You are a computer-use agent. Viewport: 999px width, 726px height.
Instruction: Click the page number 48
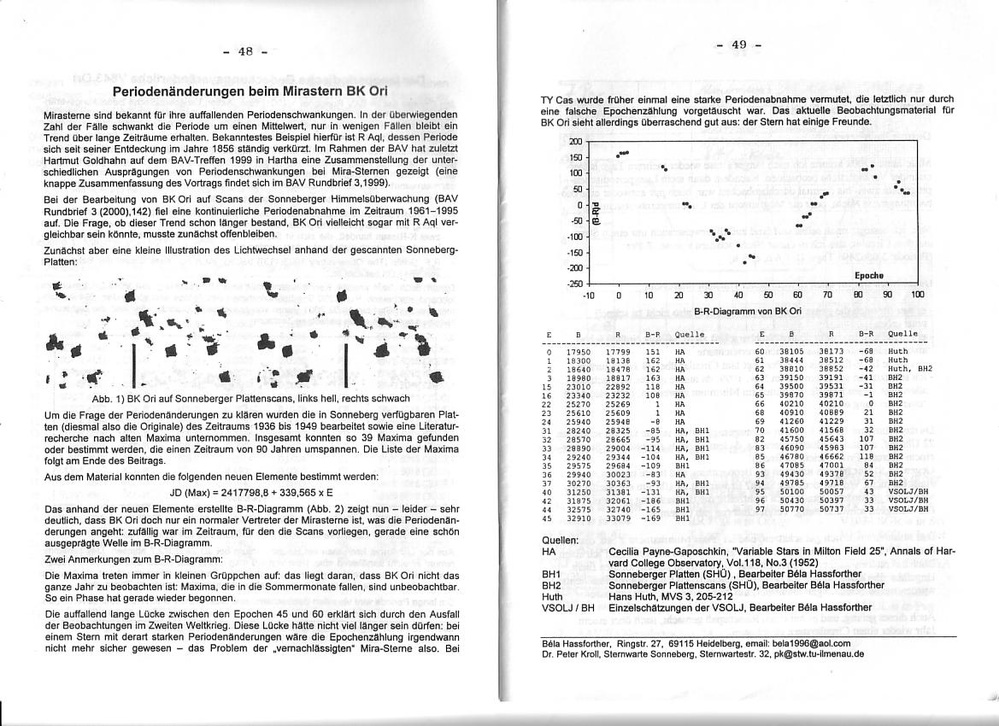coord(244,51)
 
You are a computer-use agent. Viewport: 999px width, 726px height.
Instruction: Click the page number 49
coord(739,44)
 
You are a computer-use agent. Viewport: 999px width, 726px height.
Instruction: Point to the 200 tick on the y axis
coord(574,142)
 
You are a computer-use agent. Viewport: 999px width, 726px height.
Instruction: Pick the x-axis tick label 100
coord(917,295)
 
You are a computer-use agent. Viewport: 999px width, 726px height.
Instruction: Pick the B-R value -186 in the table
coord(655,501)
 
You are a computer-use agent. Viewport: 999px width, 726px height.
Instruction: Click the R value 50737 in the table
coord(831,509)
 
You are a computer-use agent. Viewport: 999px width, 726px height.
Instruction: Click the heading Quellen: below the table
coord(560,541)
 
